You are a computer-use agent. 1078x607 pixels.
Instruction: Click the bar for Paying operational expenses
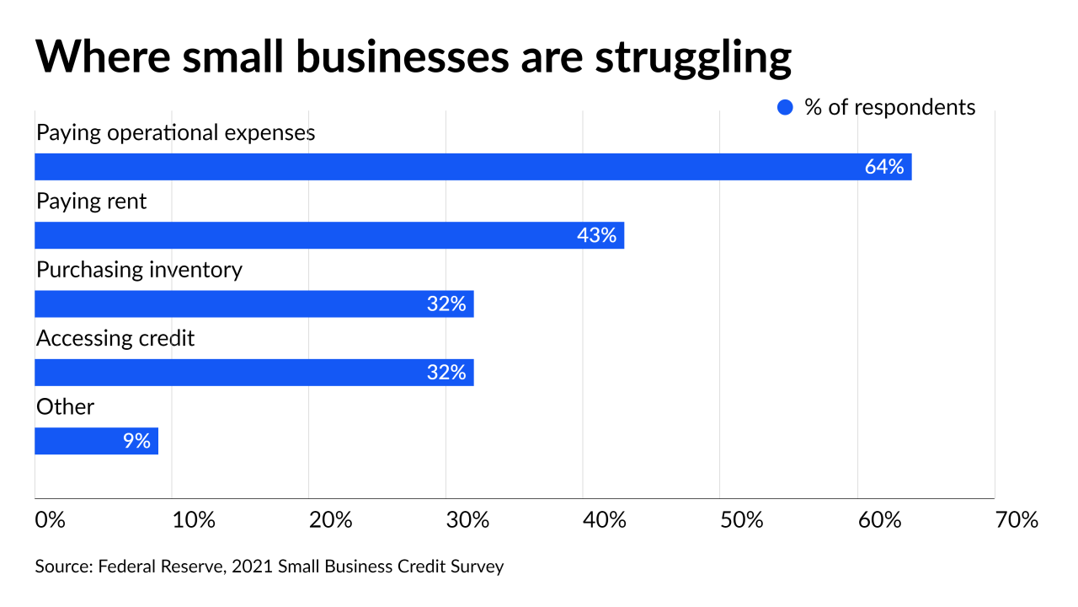pos(472,167)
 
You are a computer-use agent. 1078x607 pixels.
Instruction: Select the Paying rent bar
pos(328,235)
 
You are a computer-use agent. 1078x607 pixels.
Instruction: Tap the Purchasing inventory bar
pos(253,303)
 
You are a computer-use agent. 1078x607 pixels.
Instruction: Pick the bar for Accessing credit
pos(253,373)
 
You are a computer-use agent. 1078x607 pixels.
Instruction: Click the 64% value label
pos(883,167)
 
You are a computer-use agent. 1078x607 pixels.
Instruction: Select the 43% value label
pos(596,235)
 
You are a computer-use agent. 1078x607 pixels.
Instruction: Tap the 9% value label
pos(136,441)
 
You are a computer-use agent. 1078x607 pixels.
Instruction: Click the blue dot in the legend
pos(785,108)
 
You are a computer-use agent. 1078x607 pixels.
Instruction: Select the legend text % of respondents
pos(890,108)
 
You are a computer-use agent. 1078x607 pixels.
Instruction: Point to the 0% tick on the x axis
pos(51,520)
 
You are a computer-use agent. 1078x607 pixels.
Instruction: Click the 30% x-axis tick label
pos(467,520)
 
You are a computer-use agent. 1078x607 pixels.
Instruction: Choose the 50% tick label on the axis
pos(742,520)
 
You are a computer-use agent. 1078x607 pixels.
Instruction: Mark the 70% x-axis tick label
pos(1017,520)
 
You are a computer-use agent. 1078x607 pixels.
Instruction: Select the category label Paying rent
pos(91,201)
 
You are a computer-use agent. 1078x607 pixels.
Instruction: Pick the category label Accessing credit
pos(115,338)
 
